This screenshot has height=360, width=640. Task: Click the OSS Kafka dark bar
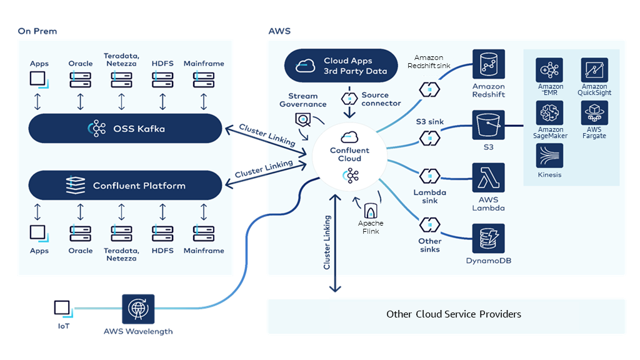(126, 129)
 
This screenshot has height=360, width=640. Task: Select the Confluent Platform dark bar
(126, 186)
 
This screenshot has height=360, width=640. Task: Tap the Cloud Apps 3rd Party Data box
(341, 66)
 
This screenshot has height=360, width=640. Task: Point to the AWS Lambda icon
(488, 178)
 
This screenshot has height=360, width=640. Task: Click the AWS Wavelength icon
(137, 308)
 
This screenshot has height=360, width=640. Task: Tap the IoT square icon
(62, 307)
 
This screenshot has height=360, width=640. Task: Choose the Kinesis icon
(549, 156)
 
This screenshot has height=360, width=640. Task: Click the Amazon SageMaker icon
(549, 113)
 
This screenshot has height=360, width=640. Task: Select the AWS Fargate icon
(594, 113)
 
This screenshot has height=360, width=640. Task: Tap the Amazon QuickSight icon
(594, 70)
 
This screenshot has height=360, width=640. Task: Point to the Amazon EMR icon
(549, 70)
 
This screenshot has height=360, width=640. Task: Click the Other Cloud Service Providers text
(454, 314)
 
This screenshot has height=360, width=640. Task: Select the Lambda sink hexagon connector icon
(430, 176)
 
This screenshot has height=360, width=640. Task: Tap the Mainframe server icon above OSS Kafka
(204, 79)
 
